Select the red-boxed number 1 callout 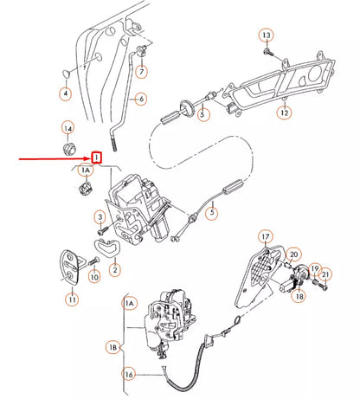point(97,158)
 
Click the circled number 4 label point(66,93)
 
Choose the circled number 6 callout point(141,99)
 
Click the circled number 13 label point(266,35)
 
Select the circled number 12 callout point(284,112)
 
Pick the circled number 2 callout point(114,269)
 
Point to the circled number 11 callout point(73,300)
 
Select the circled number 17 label point(266,235)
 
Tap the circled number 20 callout point(294,254)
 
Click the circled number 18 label point(299,296)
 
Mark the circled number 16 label point(129,375)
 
